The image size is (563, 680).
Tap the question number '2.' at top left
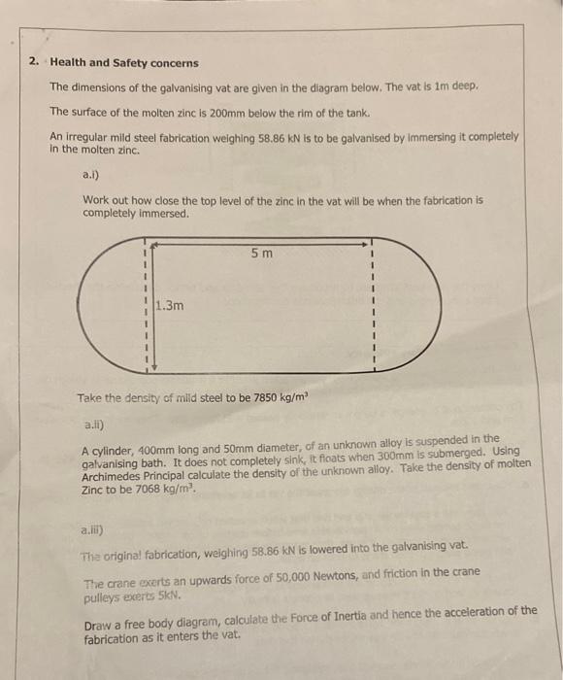coord(34,62)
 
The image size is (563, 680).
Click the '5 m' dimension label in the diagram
coord(261,255)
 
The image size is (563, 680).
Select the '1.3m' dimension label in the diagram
coord(170,305)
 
